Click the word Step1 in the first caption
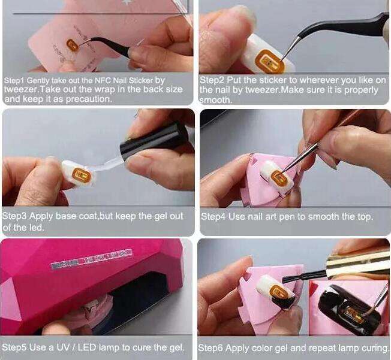coord(14,80)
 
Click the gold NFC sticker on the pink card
coord(73,46)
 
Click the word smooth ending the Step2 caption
coord(216,100)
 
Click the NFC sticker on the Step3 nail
coord(81,174)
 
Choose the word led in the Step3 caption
coord(37,227)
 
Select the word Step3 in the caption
coord(14,216)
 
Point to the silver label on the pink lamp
coord(91,259)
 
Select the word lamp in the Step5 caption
coord(109,347)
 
